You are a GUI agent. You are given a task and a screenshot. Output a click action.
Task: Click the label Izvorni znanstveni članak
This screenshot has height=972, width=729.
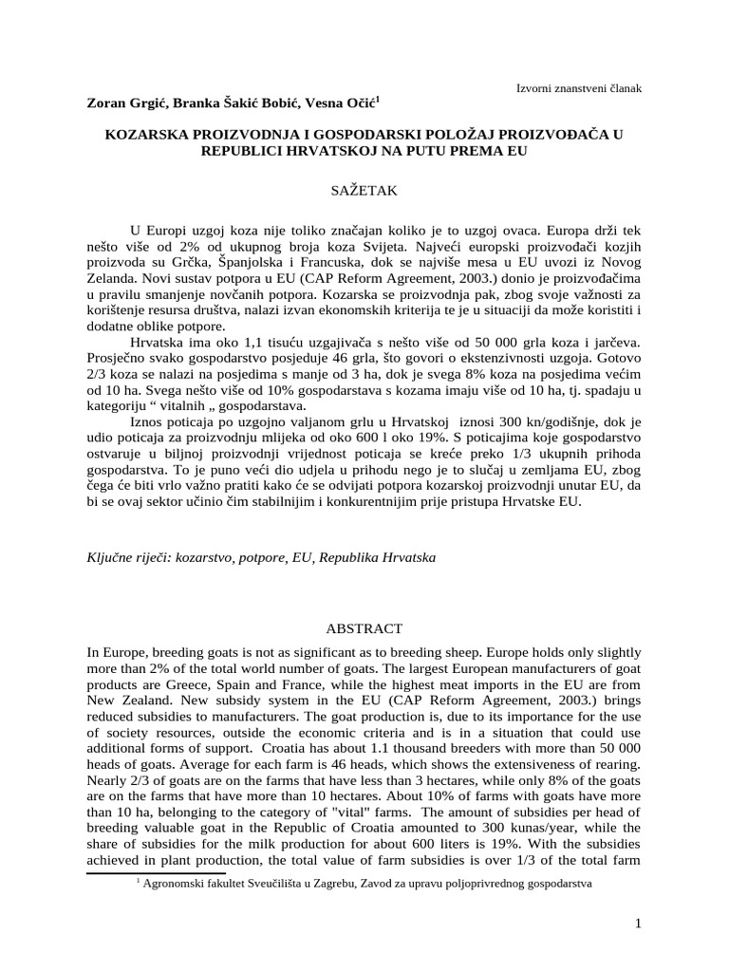(578, 88)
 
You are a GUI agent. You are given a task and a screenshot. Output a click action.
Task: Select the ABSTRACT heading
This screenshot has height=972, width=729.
(364, 628)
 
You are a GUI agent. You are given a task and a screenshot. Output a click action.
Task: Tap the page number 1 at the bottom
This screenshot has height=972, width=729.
(639, 924)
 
